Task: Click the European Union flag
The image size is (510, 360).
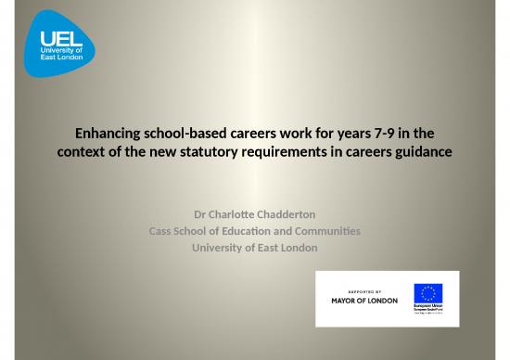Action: coord(427,294)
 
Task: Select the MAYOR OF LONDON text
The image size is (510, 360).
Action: coord(364,301)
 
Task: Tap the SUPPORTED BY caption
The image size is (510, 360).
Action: coord(364,289)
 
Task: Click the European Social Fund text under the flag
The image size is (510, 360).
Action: coord(427,312)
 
